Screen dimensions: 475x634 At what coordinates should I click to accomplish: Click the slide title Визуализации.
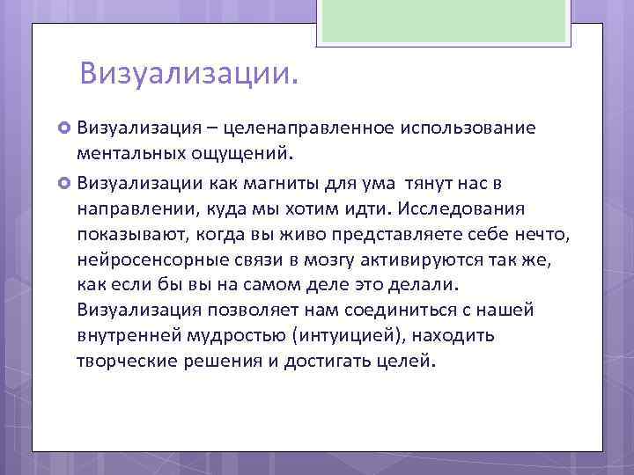(188, 73)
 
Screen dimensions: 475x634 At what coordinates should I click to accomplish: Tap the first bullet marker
(64, 128)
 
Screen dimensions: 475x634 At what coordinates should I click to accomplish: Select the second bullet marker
(64, 183)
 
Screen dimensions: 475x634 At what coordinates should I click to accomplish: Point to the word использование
(468, 128)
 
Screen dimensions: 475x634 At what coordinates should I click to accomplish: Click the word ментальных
(130, 155)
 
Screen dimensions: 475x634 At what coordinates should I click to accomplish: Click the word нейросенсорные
(150, 259)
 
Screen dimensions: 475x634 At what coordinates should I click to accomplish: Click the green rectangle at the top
(445, 21)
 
